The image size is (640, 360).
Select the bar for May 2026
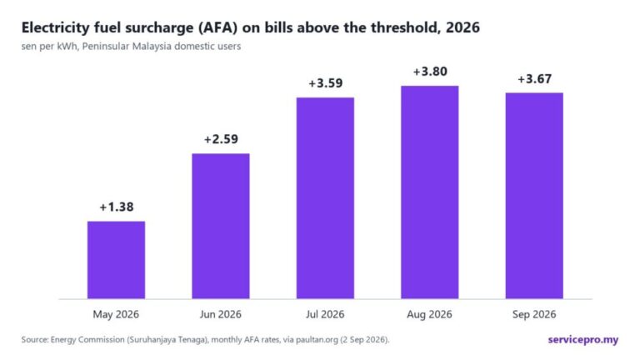coord(117,260)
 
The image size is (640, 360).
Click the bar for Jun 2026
coord(221,226)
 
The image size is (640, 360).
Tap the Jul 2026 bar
coord(325,198)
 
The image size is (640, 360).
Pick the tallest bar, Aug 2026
coord(430,192)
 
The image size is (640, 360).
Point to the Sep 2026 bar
coord(534,196)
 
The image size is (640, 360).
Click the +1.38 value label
coord(117,207)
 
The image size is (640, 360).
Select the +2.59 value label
coord(221,139)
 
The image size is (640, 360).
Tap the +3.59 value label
coord(325,83)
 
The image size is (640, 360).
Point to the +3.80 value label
coord(430,72)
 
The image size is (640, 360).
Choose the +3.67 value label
coord(534,78)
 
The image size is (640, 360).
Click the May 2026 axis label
coord(116,314)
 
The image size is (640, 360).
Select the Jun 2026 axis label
coord(220,314)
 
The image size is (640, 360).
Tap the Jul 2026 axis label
coord(325,314)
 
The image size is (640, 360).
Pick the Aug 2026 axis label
coord(429,314)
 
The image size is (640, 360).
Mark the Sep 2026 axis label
coord(534,314)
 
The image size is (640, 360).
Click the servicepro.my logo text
coord(582,340)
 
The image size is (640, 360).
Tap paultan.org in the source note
coord(317,340)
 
